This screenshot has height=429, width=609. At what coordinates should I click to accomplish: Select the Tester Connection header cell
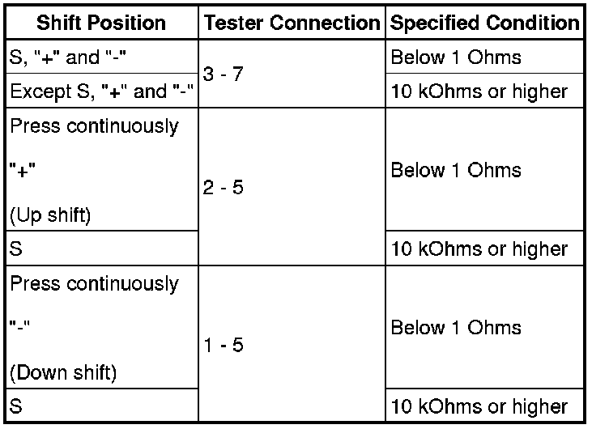point(292,23)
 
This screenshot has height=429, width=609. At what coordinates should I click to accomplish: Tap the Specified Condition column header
point(484,23)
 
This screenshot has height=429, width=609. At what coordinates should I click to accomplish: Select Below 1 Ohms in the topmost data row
point(455,58)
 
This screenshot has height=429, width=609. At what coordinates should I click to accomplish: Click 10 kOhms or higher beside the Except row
point(479,91)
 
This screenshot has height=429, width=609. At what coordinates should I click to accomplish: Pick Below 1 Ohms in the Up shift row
point(455,171)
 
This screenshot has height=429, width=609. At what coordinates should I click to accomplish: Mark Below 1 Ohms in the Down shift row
point(455,328)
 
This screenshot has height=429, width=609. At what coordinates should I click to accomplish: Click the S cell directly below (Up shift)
point(16,248)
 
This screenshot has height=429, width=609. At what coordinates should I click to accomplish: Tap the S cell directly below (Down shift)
point(16,406)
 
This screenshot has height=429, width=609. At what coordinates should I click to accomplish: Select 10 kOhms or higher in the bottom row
point(479,406)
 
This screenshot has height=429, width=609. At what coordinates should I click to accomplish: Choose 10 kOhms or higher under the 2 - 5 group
point(479,248)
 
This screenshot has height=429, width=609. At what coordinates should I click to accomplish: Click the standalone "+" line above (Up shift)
point(22,172)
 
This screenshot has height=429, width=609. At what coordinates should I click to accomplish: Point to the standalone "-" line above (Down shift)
point(19,329)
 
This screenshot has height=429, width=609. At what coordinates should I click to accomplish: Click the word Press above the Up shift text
point(32,127)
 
